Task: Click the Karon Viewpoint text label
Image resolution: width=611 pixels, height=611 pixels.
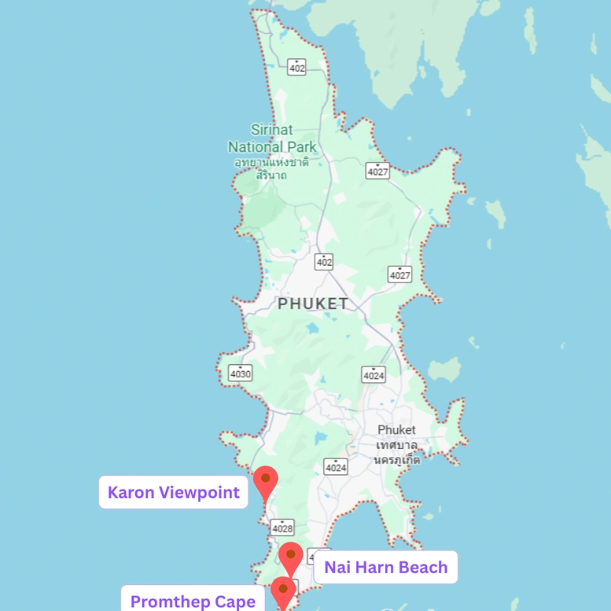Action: click(x=174, y=492)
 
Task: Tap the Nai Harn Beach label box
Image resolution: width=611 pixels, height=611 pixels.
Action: click(x=386, y=567)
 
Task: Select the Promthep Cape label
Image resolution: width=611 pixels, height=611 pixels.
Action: click(x=193, y=601)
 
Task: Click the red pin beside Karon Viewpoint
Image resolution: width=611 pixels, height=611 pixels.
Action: click(x=265, y=480)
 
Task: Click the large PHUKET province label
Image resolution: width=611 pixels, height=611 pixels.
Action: click(x=312, y=304)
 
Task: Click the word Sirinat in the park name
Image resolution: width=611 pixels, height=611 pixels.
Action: click(x=271, y=131)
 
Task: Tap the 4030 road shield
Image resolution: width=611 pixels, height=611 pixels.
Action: click(x=240, y=373)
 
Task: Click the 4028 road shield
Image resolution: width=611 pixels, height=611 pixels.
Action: click(x=282, y=527)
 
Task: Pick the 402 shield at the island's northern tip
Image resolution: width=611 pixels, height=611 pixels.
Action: click(x=297, y=67)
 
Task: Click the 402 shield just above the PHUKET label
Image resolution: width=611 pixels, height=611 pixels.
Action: click(x=325, y=262)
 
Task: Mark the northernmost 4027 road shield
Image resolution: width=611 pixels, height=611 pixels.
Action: click(x=377, y=171)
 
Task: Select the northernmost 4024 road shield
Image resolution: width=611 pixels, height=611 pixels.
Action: click(x=373, y=374)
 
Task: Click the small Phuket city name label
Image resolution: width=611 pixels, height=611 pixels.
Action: click(x=396, y=430)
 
